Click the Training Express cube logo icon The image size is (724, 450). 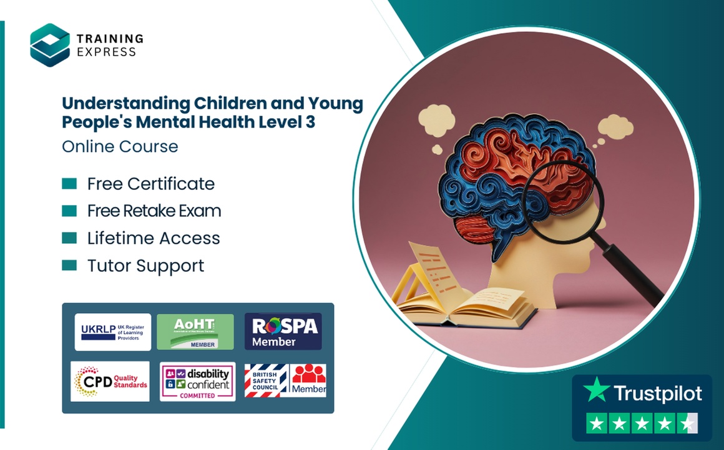click(x=50, y=45)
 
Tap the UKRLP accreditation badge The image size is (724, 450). click(x=113, y=332)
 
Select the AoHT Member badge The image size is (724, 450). click(x=195, y=332)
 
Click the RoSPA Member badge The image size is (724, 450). click(x=283, y=332)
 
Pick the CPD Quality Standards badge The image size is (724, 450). click(x=110, y=381)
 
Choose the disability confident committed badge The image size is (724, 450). click(x=197, y=381)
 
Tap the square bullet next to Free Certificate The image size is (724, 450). click(x=69, y=183)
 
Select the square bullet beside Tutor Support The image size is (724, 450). click(x=69, y=266)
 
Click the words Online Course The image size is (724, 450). click(x=120, y=146)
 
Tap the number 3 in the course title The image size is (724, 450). click(x=310, y=122)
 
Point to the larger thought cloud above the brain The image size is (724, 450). click(x=436, y=118)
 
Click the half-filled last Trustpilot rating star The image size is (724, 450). click(x=688, y=424)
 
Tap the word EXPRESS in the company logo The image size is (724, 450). click(x=106, y=52)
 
